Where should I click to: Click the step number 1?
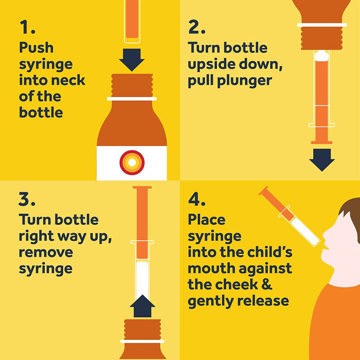pyautogui.click(x=27, y=27)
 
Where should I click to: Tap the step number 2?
pyautogui.click(x=196, y=27)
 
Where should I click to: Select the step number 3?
pyautogui.click(x=27, y=199)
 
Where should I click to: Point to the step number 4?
pyautogui.click(x=196, y=199)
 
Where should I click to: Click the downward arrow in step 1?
pyautogui.click(x=132, y=60)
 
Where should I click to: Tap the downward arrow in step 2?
pyautogui.click(x=321, y=160)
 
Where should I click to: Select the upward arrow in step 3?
pyautogui.click(x=142, y=306)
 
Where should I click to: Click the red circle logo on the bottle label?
pyautogui.click(x=132, y=163)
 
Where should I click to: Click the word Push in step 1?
pyautogui.click(x=37, y=48)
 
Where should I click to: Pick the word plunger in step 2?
pyautogui.click(x=245, y=81)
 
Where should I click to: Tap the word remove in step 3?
pyautogui.click(x=46, y=252)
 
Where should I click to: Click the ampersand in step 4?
pyautogui.click(x=266, y=284)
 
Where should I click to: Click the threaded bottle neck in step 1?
pyautogui.click(x=132, y=85)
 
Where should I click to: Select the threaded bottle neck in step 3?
pyautogui.click(x=142, y=330)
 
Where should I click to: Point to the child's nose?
pyautogui.click(x=325, y=236)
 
